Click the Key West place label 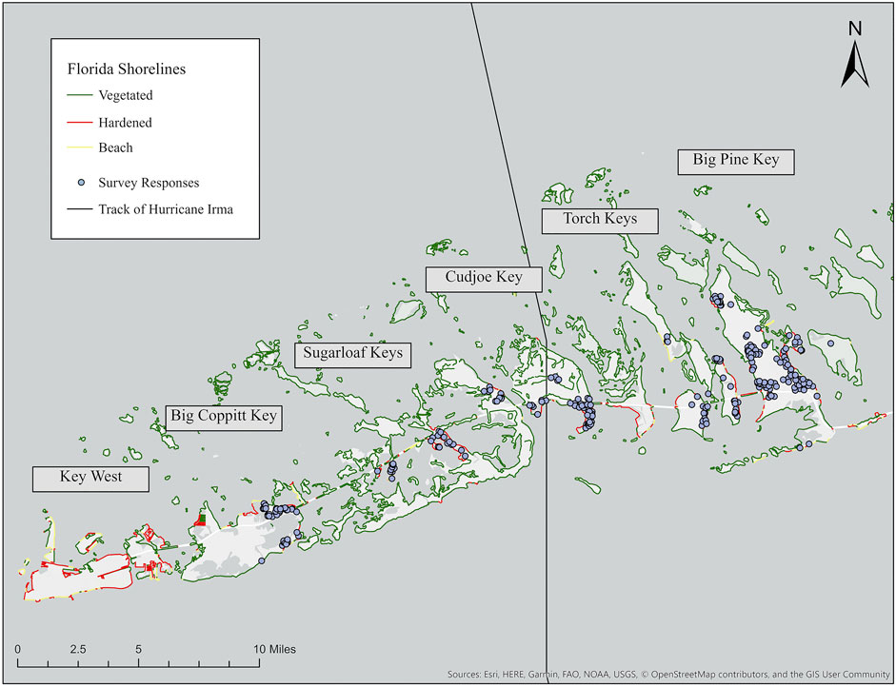[91, 479]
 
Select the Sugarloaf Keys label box [353, 354]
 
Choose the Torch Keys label [600, 221]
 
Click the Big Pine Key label [736, 160]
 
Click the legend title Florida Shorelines [127, 69]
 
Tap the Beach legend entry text [114, 147]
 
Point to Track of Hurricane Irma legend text [164, 208]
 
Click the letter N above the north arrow [855, 29]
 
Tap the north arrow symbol [855, 67]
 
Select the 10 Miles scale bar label [274, 649]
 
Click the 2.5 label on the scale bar [78, 649]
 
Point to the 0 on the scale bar [18, 649]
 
